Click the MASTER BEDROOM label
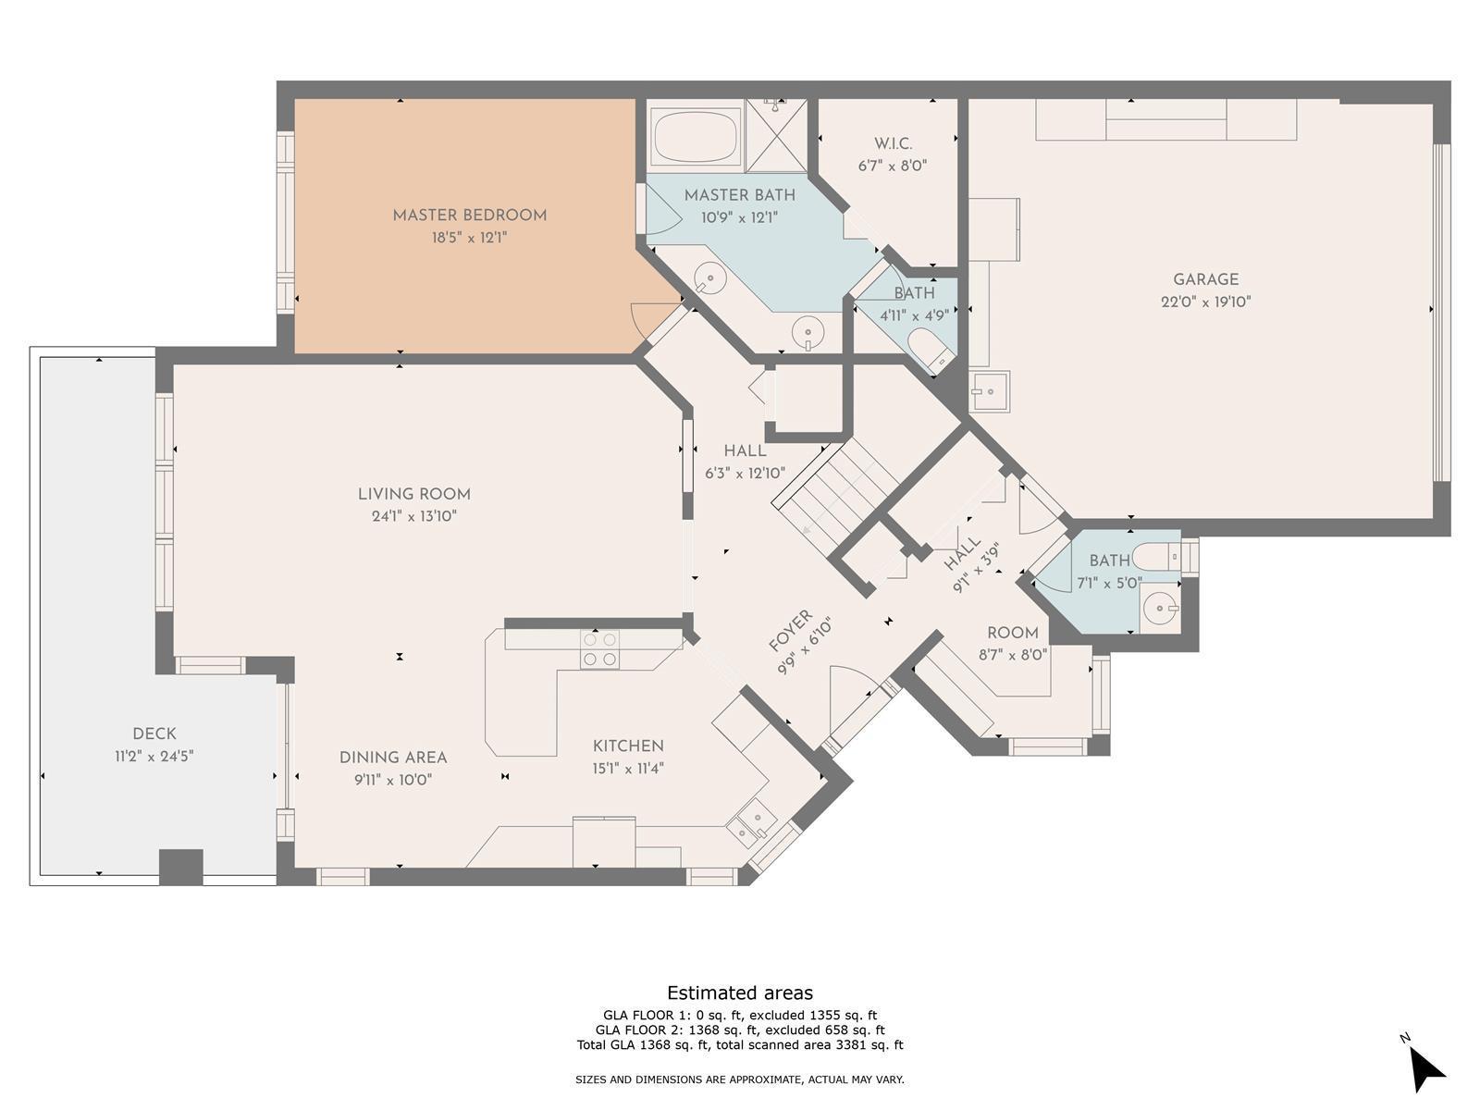(469, 216)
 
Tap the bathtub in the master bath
(695, 137)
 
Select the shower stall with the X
(776, 136)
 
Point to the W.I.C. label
(893, 143)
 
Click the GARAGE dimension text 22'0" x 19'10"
(1205, 302)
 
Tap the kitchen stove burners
(600, 649)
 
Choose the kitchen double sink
(752, 823)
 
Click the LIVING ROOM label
(414, 494)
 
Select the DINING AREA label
(393, 758)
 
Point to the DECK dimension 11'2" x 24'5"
(154, 756)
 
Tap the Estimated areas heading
(740, 993)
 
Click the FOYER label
(790, 632)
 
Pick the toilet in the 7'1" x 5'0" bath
(1155, 557)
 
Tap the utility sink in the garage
(989, 391)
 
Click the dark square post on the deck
(180, 867)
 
